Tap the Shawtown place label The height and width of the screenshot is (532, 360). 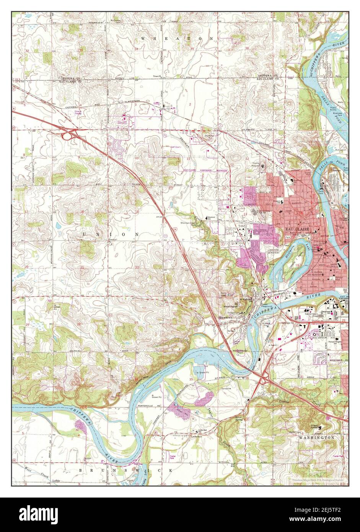coord(225,317)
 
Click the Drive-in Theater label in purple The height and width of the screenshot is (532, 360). coord(78,113)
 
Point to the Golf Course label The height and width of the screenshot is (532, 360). coord(170,147)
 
